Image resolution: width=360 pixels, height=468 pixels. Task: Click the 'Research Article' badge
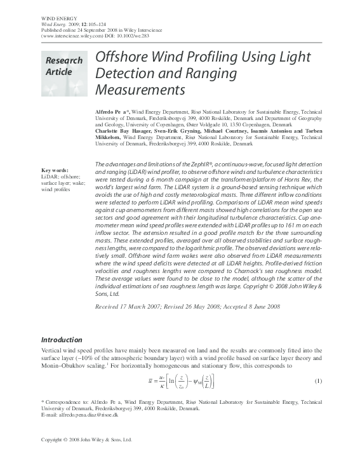click(63, 66)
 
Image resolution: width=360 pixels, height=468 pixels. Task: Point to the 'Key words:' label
click(55, 171)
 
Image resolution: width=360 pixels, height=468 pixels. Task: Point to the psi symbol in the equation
click(194, 382)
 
